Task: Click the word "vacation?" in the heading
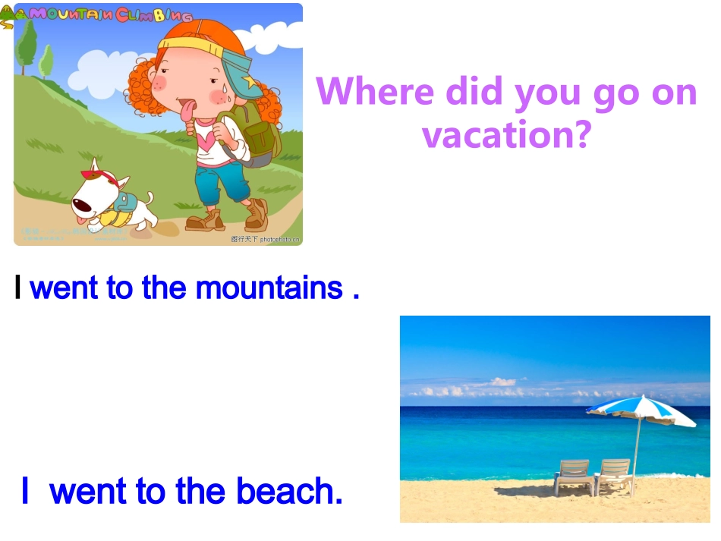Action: coord(505,135)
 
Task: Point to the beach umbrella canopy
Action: coord(641,410)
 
